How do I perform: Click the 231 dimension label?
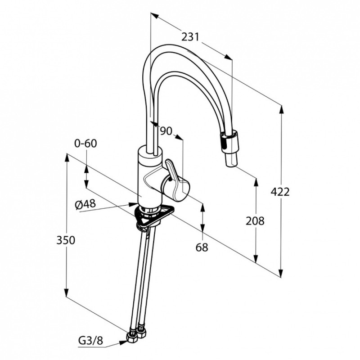click(x=190, y=37)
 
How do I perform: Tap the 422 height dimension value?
click(x=280, y=192)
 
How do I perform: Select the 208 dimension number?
click(x=255, y=221)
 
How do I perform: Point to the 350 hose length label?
click(x=66, y=240)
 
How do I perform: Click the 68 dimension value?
click(x=202, y=247)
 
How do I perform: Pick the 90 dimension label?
click(x=166, y=131)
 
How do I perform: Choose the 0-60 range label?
click(x=85, y=144)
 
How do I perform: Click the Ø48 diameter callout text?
click(x=85, y=204)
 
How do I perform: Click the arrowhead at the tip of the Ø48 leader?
click(x=133, y=204)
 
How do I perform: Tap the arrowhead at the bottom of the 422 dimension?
click(x=280, y=273)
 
